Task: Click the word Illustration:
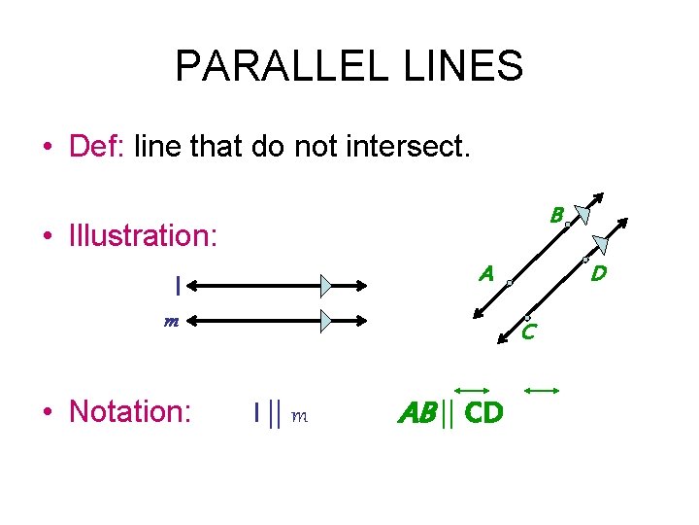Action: click(x=144, y=235)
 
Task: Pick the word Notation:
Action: click(x=130, y=411)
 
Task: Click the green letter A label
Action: click(x=486, y=274)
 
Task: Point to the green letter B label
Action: click(x=556, y=215)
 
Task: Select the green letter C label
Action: click(x=528, y=332)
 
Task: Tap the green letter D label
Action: click(x=599, y=274)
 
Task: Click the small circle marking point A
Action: click(x=509, y=283)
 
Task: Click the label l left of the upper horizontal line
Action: click(x=178, y=286)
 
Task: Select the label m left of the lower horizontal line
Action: click(x=170, y=321)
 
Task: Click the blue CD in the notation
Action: click(x=483, y=413)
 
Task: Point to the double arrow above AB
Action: click(x=475, y=390)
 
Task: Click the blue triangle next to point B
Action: click(x=582, y=215)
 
